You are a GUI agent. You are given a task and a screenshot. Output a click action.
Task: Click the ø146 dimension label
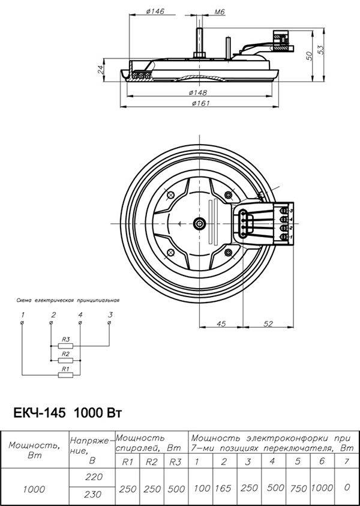pos(155,12)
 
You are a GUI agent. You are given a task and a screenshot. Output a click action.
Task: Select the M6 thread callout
pos(202,12)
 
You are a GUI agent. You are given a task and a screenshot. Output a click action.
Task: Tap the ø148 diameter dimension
pos(197,92)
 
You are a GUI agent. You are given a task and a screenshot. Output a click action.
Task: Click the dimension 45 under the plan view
pos(220,324)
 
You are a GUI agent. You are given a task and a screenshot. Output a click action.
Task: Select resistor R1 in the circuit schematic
pos(65,375)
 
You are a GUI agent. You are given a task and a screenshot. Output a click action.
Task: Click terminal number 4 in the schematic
pos(80,315)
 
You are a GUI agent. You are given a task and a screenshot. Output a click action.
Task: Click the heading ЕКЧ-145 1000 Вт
pos(68,414)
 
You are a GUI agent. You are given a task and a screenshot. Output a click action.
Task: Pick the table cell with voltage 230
pos(92,495)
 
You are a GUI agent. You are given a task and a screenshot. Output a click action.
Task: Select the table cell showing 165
pos(223,488)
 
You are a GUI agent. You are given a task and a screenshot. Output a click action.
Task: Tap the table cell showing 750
pos(298,488)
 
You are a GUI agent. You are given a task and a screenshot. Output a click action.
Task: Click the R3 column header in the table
pos(176,462)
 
